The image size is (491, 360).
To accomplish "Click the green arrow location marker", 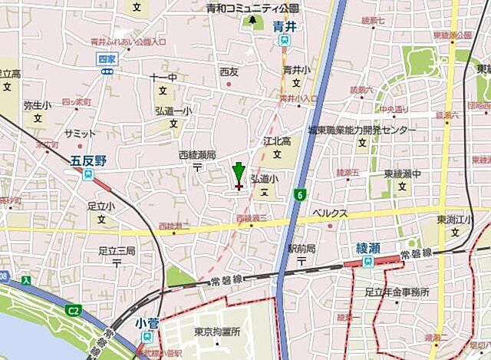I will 238,173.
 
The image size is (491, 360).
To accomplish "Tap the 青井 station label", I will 285,25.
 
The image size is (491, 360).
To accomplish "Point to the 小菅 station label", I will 146,323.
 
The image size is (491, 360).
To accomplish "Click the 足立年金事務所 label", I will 397,291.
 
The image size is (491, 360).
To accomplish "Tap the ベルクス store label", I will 329,213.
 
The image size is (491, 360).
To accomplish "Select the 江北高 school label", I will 278,141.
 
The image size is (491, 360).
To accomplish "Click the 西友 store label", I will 229,71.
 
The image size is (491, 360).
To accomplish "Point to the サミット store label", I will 81,134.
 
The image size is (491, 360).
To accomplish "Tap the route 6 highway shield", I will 297,195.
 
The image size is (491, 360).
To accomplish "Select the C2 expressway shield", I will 74,311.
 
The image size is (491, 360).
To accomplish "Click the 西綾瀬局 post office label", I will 197,154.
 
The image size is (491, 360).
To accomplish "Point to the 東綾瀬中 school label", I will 403,173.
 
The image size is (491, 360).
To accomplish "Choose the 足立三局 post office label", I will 117,250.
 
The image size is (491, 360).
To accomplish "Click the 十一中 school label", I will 163,78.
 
